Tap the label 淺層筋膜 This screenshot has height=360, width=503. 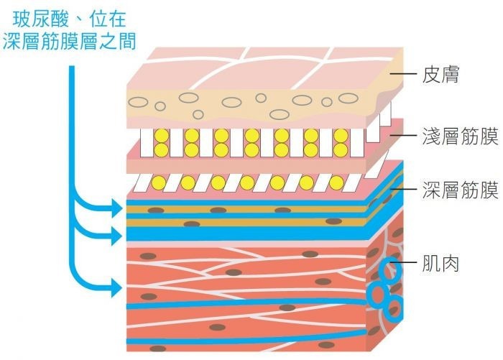(461, 137)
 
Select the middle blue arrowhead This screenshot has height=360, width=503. (116, 234)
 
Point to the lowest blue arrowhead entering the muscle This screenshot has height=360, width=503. (116, 290)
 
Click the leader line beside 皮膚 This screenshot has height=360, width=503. (405, 74)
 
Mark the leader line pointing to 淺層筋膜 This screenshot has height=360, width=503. (405, 136)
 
